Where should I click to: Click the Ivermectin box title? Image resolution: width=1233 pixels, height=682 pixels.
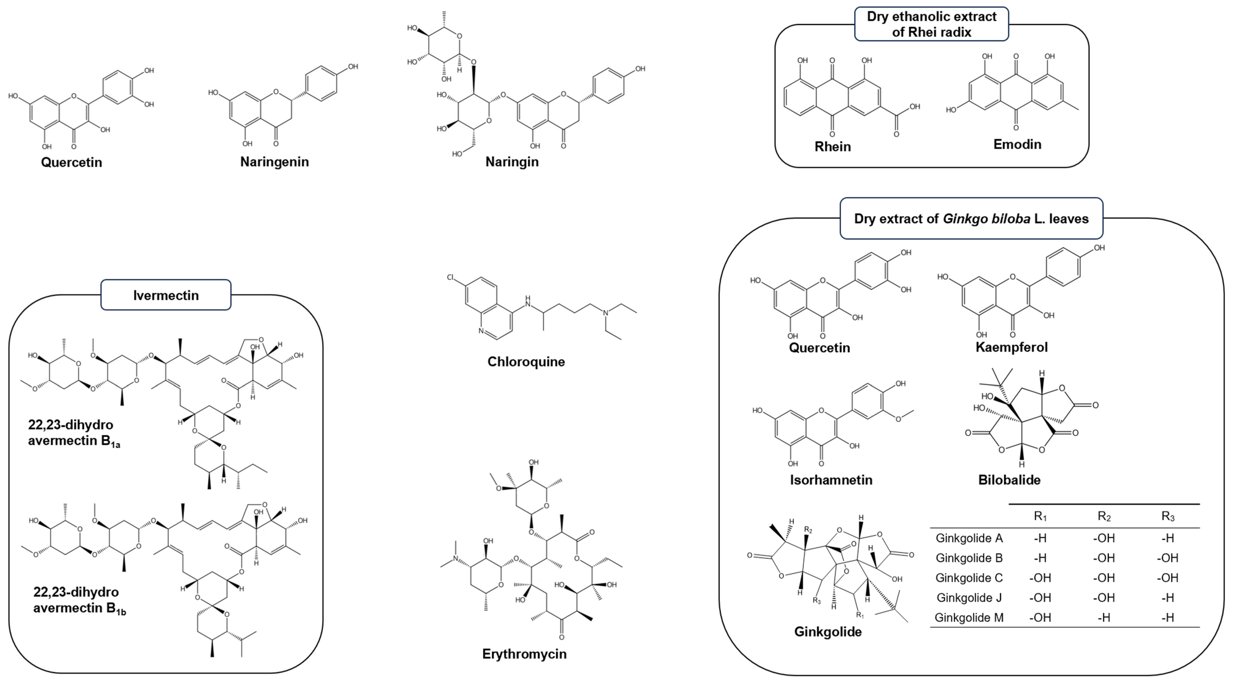(166, 295)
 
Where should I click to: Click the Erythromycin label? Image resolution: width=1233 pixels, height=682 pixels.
(524, 654)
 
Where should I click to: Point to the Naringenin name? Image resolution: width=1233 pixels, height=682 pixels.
(274, 162)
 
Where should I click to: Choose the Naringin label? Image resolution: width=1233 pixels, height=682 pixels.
(512, 162)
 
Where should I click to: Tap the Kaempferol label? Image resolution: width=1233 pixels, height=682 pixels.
(1012, 347)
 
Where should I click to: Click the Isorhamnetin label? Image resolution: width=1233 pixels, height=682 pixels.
(831, 480)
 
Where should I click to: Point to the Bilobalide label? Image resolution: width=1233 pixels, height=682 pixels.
(1009, 480)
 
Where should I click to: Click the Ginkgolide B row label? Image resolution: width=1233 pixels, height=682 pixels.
(969, 558)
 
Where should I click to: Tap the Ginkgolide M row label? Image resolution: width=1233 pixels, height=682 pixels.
(969, 618)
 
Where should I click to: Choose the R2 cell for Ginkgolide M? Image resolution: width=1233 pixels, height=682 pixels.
(1104, 618)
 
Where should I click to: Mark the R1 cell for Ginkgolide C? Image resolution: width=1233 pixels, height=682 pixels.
(1040, 578)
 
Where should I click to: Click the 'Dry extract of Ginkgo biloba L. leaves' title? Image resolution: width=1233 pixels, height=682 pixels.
(971, 218)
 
